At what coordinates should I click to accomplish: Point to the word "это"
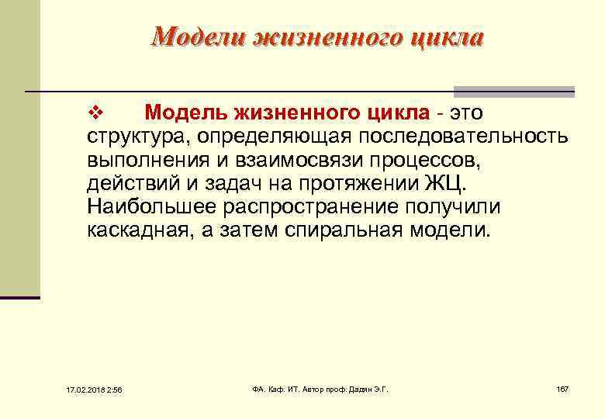[465, 113]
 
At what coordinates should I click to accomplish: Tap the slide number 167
[562, 388]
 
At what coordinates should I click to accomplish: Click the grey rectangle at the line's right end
[513, 91]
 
